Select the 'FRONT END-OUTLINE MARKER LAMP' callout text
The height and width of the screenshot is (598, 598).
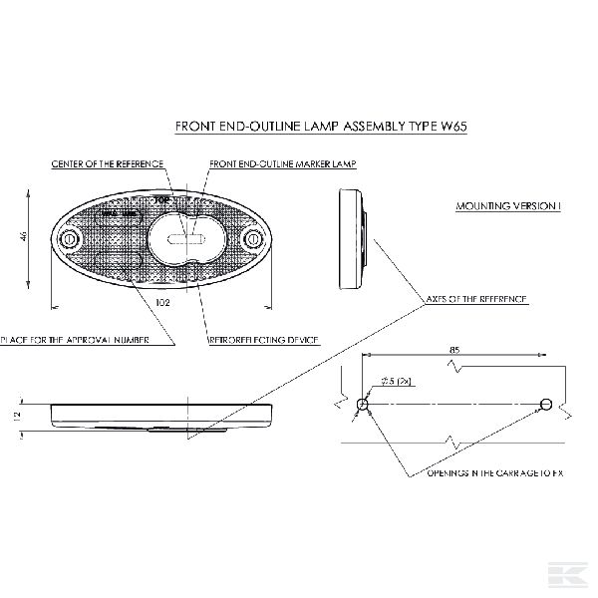tap(283, 162)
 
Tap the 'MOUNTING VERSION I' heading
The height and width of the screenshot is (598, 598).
tap(508, 206)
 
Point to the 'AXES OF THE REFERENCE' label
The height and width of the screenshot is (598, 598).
tap(475, 299)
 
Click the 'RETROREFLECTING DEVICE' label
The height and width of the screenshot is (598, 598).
tap(263, 341)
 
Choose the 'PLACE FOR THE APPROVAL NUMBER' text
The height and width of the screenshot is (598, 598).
tap(76, 341)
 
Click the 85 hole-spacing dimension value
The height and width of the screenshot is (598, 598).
tap(454, 350)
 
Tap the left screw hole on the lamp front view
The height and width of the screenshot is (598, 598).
tap(70, 241)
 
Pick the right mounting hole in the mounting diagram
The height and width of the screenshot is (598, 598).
tap(544, 405)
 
